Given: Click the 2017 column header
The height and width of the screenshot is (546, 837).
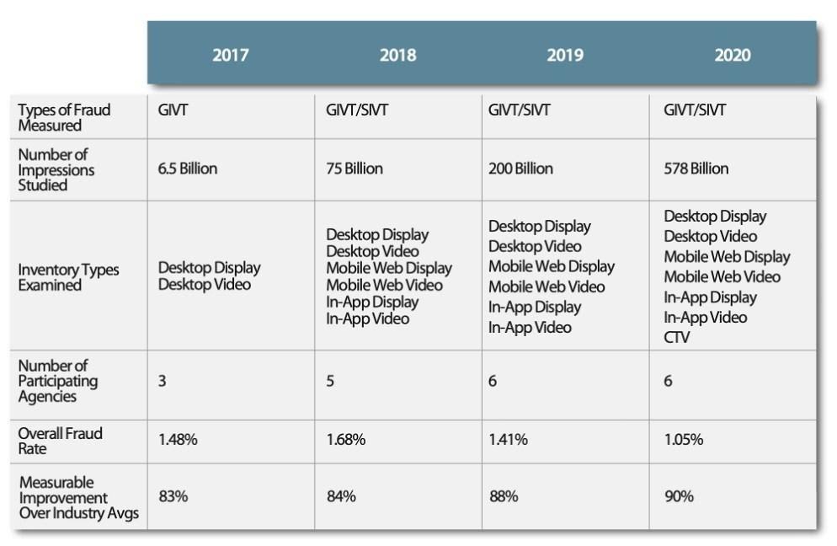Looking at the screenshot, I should coord(230,56).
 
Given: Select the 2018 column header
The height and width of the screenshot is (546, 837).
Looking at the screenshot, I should coord(397,56).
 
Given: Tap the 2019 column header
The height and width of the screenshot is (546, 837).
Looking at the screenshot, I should coord(564,56).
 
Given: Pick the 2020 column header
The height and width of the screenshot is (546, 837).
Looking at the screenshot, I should coord(732,56).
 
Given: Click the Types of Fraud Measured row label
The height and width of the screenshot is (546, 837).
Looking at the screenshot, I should coord(64,117).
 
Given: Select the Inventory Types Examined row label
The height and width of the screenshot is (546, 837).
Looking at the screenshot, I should coord(68,277).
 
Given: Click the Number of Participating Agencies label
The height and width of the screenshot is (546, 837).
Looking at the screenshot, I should coord(57,381).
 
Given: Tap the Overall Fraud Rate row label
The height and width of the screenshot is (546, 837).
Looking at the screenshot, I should coord(60,441).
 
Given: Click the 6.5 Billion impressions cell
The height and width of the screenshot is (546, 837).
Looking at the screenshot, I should coord(188,169).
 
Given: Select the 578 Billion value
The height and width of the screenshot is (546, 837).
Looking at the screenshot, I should coord(696,169).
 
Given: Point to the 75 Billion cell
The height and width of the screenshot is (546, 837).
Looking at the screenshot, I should coord(355,169).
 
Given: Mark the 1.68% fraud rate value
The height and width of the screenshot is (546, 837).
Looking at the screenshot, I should coord(346,440).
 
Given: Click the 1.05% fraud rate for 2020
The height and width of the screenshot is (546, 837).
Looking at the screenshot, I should coord(685,440).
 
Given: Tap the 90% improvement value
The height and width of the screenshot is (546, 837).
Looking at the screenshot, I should coord(679,496).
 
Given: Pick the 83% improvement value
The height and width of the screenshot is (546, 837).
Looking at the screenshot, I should coord(173,496).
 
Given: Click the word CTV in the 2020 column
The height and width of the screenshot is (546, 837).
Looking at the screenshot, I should coord(678,337).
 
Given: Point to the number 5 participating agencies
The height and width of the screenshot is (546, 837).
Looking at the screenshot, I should coord(331,381).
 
